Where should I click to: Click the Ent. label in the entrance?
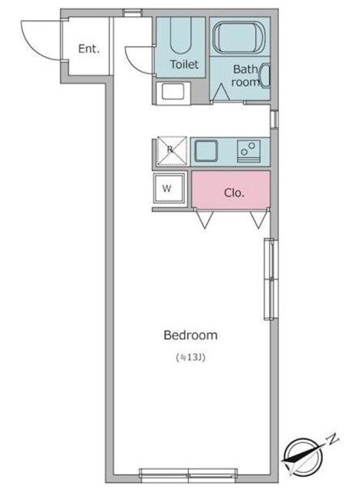[89, 49]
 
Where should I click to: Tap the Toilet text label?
[184, 65]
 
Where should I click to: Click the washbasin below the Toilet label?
[171, 93]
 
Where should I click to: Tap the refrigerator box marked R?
[171, 151]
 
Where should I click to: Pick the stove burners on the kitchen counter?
[249, 150]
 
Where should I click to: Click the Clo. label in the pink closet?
[234, 193]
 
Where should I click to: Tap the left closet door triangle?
[204, 220]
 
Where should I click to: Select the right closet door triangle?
[257, 220]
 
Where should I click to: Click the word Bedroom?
[190, 335]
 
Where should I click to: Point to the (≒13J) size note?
[190, 357]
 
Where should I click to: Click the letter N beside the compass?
[332, 440]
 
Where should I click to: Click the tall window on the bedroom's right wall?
[269, 279]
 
